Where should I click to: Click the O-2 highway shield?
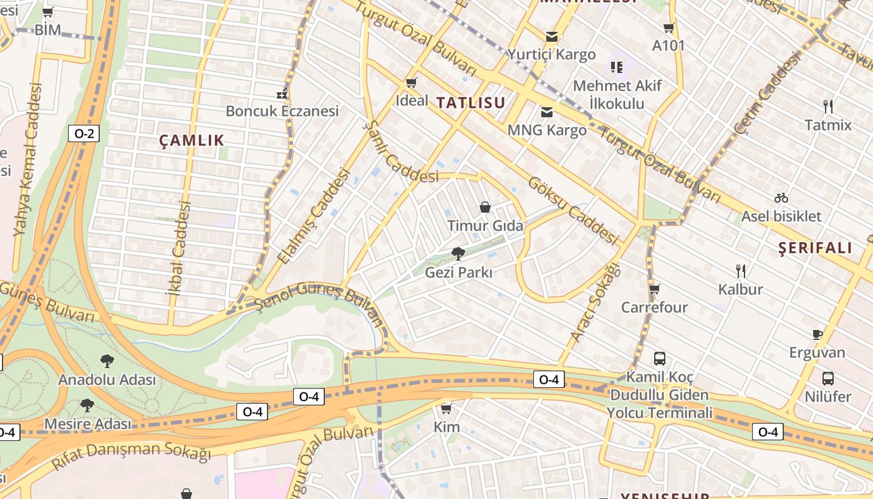click(x=84, y=133)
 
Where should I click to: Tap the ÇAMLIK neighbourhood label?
click(x=191, y=140)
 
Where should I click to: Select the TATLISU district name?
click(x=470, y=103)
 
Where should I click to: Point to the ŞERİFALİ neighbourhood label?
click(x=815, y=248)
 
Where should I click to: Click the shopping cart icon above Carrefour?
click(x=654, y=289)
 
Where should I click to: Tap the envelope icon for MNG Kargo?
click(x=547, y=112)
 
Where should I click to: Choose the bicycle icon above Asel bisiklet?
click(x=781, y=198)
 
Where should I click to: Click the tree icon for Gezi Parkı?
click(x=458, y=253)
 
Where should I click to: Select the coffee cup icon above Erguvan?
click(x=817, y=334)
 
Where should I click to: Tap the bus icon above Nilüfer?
click(x=827, y=378)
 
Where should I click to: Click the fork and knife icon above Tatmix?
click(x=827, y=106)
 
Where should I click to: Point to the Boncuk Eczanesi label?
click(x=282, y=111)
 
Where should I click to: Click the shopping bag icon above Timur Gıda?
click(x=485, y=207)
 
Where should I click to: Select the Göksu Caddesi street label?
click(x=572, y=210)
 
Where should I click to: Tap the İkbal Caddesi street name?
click(x=178, y=248)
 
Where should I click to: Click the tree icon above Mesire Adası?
click(x=87, y=405)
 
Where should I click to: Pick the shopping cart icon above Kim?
click(x=446, y=409)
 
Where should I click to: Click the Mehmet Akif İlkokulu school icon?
click(x=616, y=67)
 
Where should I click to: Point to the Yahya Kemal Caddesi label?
click(x=27, y=159)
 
